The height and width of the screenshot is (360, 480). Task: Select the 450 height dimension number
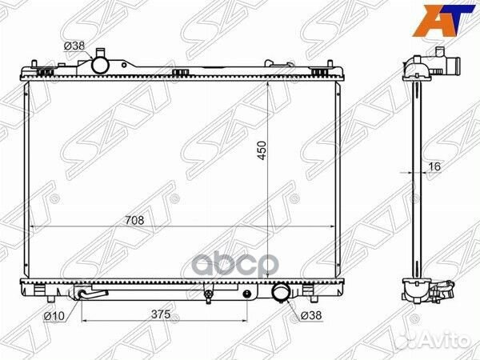(260, 150)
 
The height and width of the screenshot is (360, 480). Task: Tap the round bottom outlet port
(281, 294)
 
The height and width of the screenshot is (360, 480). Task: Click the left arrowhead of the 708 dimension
(31, 228)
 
